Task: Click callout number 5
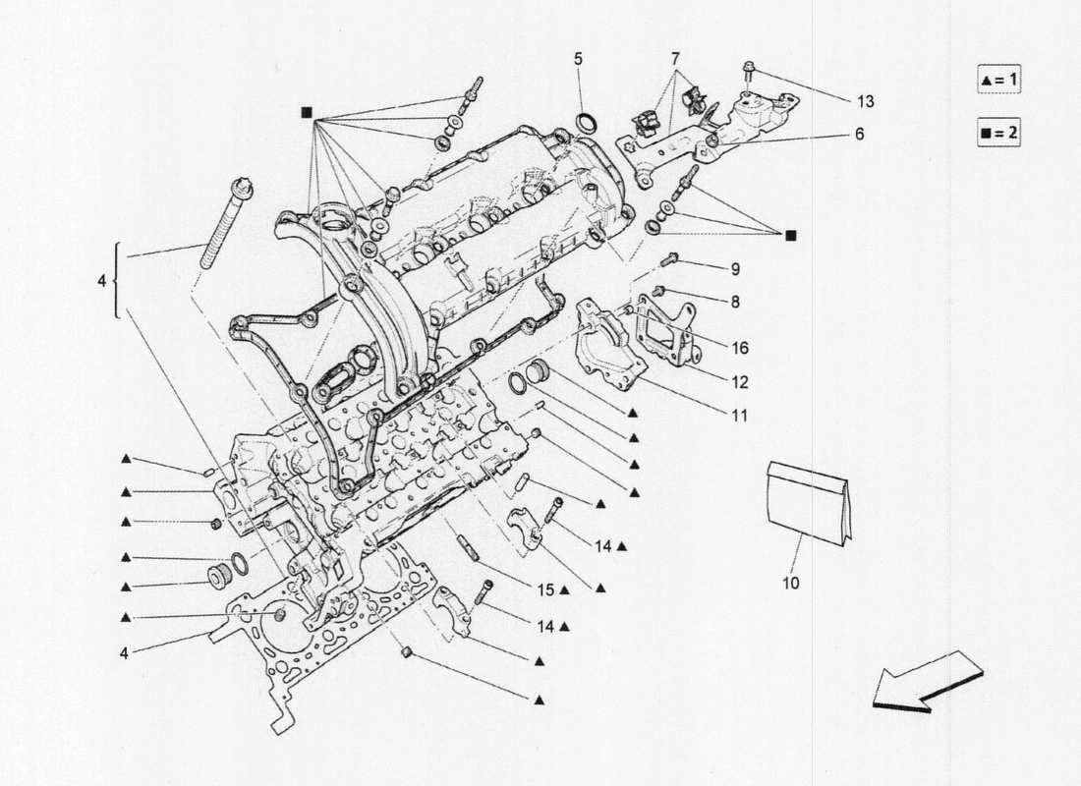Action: (578, 59)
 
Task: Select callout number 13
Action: (865, 101)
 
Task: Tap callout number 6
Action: (859, 135)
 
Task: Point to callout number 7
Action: (675, 59)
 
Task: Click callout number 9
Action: (734, 269)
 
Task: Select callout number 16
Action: (740, 347)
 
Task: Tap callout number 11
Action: (738, 416)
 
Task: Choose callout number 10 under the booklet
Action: (791, 583)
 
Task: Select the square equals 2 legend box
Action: (998, 133)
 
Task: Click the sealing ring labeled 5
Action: (588, 123)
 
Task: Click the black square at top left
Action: (306, 112)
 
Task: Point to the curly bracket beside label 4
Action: (119, 282)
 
